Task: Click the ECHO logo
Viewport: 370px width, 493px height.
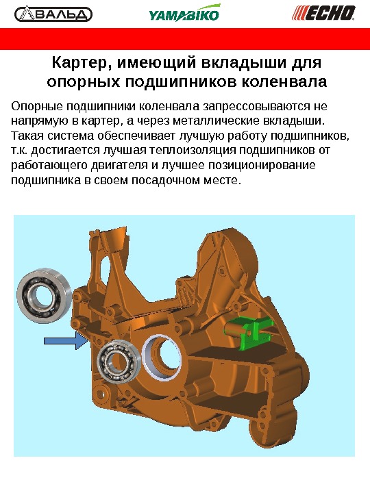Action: (x=323, y=13)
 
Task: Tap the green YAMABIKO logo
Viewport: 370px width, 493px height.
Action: (x=184, y=13)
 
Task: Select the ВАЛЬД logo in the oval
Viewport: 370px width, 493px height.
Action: (x=53, y=14)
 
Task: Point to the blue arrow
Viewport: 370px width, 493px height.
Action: (x=66, y=340)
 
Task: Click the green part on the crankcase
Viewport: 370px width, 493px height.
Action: (x=249, y=332)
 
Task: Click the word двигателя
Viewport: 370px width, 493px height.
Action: (x=119, y=166)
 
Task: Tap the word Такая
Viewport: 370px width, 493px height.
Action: (x=27, y=136)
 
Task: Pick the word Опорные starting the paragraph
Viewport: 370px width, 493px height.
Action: (x=36, y=107)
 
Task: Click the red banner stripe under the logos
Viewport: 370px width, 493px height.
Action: (x=185, y=39)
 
